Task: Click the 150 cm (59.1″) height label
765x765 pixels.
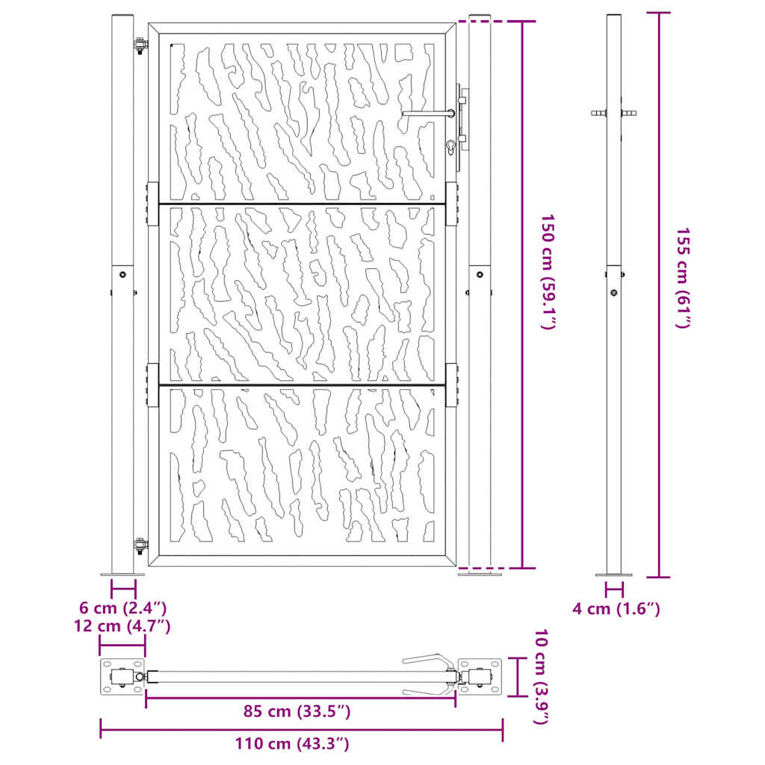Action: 550,273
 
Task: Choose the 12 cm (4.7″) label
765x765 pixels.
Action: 123,625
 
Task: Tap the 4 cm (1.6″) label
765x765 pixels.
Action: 616,609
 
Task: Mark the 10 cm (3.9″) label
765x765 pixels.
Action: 543,677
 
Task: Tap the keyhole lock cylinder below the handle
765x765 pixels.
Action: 450,146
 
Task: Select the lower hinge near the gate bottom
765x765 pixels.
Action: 139,546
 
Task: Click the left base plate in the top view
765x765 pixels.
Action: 121,677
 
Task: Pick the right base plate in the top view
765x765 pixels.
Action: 480,677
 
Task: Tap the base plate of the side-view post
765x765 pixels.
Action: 613,574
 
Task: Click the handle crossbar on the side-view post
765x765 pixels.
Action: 613,114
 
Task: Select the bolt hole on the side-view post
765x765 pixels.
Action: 613,293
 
